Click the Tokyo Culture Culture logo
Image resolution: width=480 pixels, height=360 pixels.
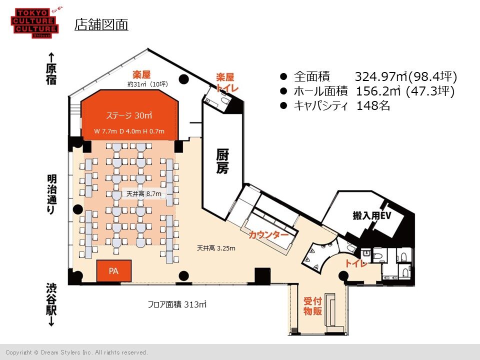(x=35, y=23)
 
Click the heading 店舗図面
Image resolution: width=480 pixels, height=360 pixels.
(x=101, y=25)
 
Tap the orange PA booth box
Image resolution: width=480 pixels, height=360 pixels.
(x=114, y=271)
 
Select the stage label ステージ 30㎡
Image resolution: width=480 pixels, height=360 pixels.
(x=129, y=115)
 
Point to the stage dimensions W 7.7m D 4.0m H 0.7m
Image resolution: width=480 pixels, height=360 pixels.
(x=129, y=131)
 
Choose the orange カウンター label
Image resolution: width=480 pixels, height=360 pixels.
(x=268, y=235)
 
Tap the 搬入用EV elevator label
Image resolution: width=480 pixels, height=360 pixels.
(x=372, y=215)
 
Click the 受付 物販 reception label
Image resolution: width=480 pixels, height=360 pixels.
(x=312, y=306)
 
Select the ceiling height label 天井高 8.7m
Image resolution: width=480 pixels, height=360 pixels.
(x=144, y=194)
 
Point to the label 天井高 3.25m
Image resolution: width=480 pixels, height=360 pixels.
(x=216, y=248)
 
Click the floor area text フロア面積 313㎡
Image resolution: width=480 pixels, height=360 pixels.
(x=177, y=304)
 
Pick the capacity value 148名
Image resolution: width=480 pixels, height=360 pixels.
(x=373, y=105)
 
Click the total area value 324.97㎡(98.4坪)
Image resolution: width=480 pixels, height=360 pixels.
(x=406, y=76)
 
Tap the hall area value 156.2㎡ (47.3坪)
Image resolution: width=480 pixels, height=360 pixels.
(x=405, y=91)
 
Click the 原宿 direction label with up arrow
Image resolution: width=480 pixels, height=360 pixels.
(x=51, y=69)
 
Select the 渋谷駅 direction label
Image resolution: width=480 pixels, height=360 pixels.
(x=51, y=304)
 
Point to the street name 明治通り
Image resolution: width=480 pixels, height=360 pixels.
(x=51, y=194)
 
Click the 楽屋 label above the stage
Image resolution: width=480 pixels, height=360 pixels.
(x=141, y=74)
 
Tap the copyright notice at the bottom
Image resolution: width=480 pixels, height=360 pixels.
(x=76, y=352)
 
